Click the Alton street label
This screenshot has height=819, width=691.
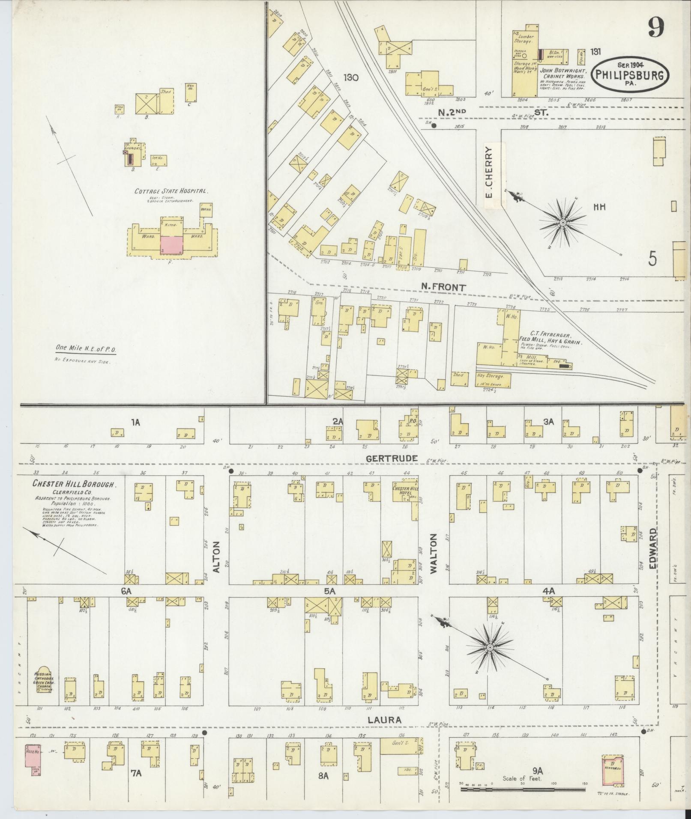click(x=216, y=557)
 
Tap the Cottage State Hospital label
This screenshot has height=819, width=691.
click(x=171, y=191)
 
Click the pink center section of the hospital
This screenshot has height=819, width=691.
click(x=172, y=246)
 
